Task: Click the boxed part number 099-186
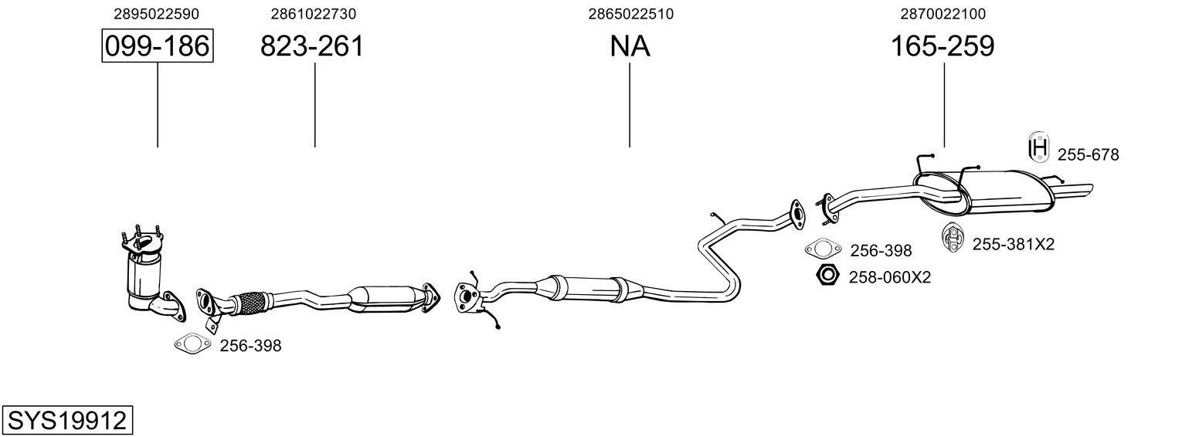tap(157, 46)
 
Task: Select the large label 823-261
tap(311, 47)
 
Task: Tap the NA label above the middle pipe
tap(630, 47)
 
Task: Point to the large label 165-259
tap(943, 47)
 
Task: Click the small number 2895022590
tap(156, 14)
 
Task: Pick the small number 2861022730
tap(314, 14)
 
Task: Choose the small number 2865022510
tap(630, 14)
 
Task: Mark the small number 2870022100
tap(943, 14)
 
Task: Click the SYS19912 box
tap(67, 421)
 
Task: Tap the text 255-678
tap(1088, 155)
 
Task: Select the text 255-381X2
tap(1013, 245)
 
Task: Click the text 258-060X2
tap(890, 276)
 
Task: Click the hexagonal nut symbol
tap(827, 275)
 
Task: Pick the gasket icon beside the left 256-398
tap(192, 344)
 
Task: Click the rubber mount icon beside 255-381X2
tap(951, 237)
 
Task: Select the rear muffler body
tap(1004, 193)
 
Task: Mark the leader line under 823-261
tap(314, 104)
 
